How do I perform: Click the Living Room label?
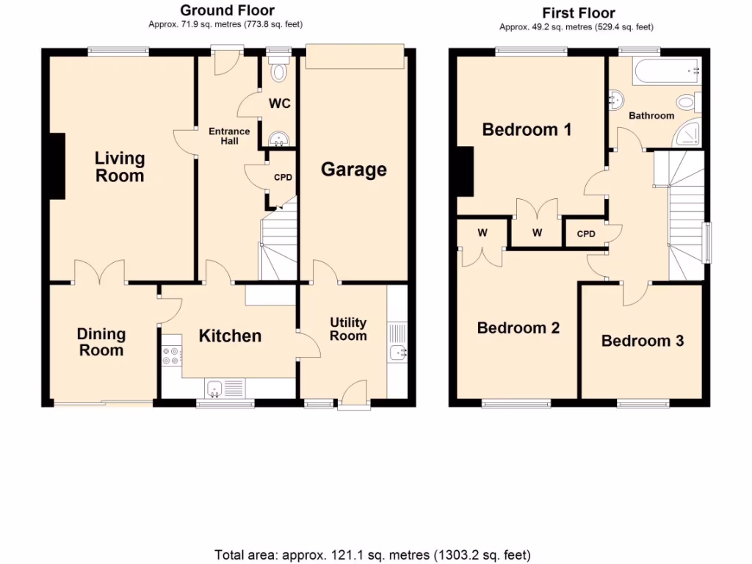click(x=120, y=167)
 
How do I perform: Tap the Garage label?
click(x=353, y=170)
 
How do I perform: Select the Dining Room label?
click(x=101, y=342)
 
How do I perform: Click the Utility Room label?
click(x=348, y=329)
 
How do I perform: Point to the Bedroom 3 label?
click(x=643, y=341)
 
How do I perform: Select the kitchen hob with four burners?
click(x=171, y=355)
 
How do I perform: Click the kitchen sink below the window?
click(x=216, y=387)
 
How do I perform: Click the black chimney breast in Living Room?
click(x=57, y=166)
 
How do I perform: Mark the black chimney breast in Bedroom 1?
click(x=464, y=170)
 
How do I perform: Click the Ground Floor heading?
click(x=227, y=10)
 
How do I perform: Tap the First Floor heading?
click(x=579, y=12)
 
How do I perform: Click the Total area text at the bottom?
click(x=372, y=554)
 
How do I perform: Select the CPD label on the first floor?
click(x=586, y=234)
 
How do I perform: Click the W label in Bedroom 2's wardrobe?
click(x=482, y=233)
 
